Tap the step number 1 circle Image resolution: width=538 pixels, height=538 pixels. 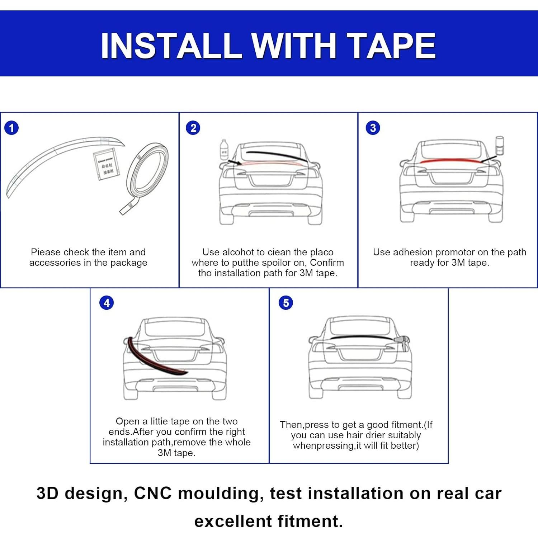click(11, 128)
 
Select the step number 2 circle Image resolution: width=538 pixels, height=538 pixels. click(193, 128)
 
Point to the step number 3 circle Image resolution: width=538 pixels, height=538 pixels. click(373, 128)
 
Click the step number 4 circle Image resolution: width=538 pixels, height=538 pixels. click(107, 303)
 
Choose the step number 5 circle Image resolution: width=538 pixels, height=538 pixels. click(286, 303)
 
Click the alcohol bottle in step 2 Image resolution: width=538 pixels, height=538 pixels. click(224, 150)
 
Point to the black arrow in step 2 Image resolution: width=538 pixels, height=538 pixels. click(234, 162)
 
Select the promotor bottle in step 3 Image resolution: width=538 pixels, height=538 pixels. click(499, 145)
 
